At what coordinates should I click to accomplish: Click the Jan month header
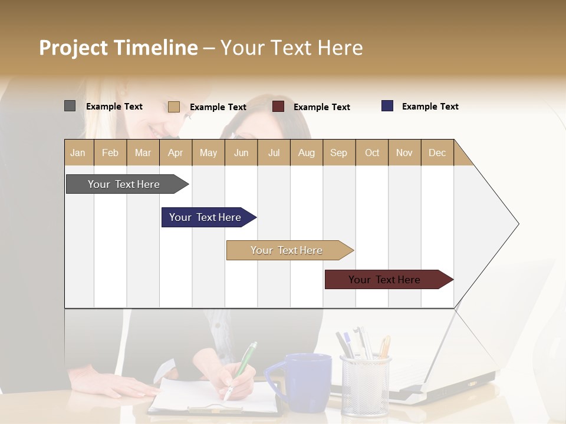point(78,153)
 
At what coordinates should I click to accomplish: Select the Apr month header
point(176,153)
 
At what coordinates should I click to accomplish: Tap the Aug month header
point(306,153)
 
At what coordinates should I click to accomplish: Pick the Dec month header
point(437,153)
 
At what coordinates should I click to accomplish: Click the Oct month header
point(371,153)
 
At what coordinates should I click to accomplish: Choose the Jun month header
point(241,153)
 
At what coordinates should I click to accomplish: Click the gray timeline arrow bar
point(124,184)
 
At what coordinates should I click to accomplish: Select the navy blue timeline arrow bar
point(205,217)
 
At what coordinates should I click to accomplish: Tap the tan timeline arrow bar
point(287,250)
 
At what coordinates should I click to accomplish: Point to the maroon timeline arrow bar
point(384,280)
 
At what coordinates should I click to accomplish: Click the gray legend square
point(70,106)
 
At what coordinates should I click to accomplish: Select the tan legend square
point(173,107)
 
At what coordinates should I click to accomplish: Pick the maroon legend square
point(278,107)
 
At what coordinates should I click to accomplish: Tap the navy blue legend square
point(387,106)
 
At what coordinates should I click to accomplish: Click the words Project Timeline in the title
point(118,48)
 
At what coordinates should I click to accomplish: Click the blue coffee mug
point(304,383)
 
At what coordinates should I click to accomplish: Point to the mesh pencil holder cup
point(365,386)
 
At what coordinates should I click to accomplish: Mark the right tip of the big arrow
point(518,224)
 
